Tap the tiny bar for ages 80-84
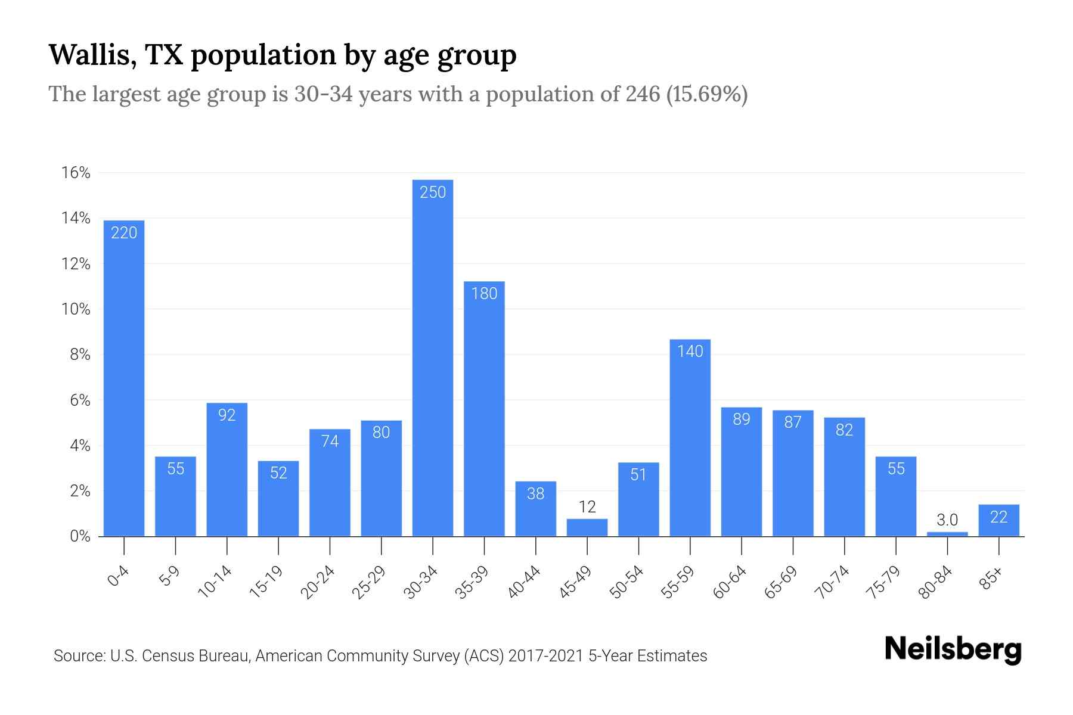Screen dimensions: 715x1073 coord(947,534)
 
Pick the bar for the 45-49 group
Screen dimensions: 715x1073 coord(587,528)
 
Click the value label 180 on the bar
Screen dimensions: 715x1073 coord(484,293)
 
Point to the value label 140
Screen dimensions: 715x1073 coord(690,351)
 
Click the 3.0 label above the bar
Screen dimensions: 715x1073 coord(947,520)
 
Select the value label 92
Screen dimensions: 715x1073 coord(227,415)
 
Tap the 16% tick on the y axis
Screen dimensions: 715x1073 coord(76,173)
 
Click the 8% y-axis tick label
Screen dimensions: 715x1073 coord(80,355)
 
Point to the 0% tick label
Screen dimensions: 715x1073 coord(80,536)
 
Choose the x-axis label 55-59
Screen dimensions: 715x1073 coord(678,582)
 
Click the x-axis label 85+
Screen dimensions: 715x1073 coord(991,579)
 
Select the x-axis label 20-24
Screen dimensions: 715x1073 coord(318,582)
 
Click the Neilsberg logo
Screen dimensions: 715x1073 coord(953,649)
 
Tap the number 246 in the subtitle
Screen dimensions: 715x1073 coord(643,94)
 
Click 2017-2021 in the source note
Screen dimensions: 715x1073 coord(545,656)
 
